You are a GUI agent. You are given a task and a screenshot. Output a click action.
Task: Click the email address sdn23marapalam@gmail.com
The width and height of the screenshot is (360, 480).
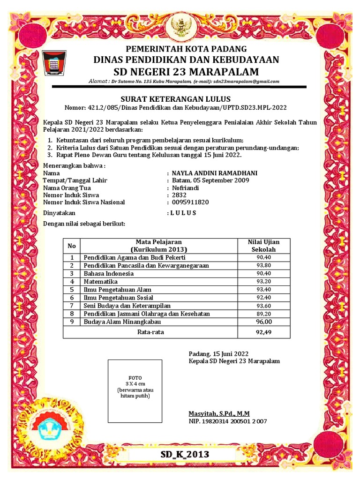[x=247, y=81]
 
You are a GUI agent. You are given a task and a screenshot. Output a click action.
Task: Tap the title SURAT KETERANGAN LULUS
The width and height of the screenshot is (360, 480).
[x=176, y=99]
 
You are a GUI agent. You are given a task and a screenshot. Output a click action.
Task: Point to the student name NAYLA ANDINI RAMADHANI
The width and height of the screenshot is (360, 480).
[x=214, y=173]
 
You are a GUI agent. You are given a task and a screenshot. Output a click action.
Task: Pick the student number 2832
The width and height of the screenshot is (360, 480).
[x=179, y=195]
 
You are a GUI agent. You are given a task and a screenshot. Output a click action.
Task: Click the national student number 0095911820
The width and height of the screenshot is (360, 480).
[x=190, y=202]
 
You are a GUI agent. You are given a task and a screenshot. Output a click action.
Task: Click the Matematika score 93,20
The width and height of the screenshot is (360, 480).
[x=263, y=282]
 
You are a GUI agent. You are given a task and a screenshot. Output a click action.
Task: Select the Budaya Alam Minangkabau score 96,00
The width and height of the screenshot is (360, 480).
[x=263, y=322]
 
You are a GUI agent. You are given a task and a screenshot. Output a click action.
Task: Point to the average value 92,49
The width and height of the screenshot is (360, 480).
[x=263, y=332]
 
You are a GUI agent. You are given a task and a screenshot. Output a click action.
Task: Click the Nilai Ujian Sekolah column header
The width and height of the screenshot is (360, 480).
[x=263, y=246]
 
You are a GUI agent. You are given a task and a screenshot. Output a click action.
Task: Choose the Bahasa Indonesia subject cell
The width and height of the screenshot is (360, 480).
[x=109, y=273]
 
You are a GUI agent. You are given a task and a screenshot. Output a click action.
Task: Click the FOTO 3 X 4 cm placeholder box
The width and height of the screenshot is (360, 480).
[x=135, y=390]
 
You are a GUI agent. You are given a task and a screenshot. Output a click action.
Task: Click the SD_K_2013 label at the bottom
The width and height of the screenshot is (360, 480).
[x=185, y=455]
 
